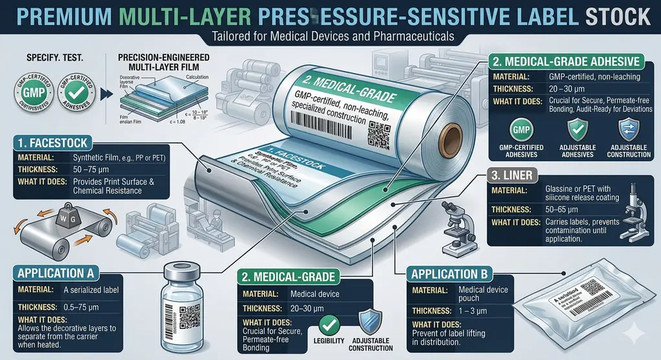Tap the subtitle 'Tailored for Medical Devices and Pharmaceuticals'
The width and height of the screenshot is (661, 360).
click(x=330, y=37)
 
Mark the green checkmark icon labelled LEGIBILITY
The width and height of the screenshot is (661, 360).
click(x=330, y=325)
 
